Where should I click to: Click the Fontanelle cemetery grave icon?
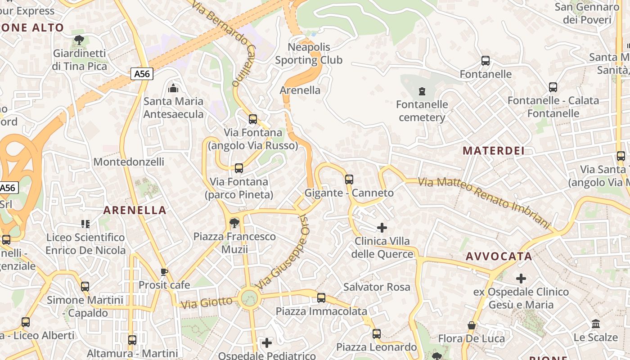[422, 92]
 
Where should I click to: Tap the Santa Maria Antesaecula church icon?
[173, 88]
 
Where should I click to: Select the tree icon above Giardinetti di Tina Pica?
[79, 40]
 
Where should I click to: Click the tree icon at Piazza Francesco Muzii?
[234, 223]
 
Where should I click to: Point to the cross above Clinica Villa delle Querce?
[382, 228]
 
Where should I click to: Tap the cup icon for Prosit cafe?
[164, 272]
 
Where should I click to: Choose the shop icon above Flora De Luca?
[472, 325]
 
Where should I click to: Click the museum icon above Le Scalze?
[596, 324]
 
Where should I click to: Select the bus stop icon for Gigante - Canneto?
[349, 180]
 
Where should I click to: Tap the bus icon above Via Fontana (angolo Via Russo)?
[253, 119]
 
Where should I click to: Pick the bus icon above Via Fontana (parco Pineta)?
[239, 168]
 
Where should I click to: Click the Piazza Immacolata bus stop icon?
[321, 298]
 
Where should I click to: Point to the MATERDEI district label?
[494, 151]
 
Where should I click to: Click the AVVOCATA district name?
[499, 256]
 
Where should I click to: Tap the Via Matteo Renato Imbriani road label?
[484, 201]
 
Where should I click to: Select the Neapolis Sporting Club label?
[309, 54]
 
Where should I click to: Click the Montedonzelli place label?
[129, 162]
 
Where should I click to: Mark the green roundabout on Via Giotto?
[249, 298]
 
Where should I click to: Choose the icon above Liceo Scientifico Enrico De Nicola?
[85, 224]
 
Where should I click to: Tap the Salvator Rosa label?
[377, 287]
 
